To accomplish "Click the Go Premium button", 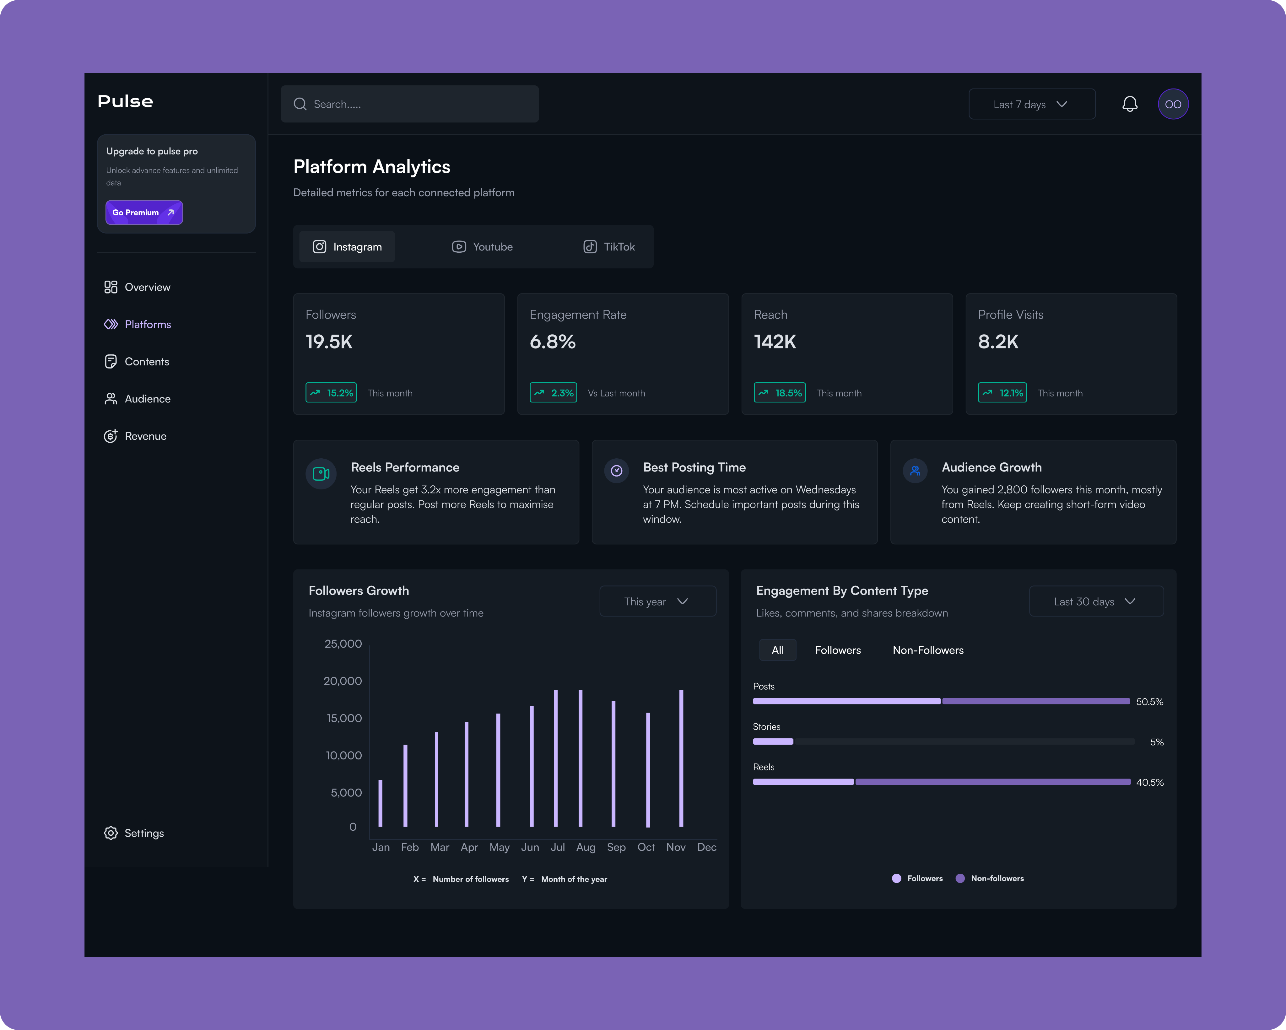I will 144,212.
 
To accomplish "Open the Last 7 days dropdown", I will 1031,104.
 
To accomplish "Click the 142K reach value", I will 775,342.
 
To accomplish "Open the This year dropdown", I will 657,601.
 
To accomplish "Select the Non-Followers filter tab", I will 927,650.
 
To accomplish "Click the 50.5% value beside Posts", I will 1149,702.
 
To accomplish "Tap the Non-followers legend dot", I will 960,878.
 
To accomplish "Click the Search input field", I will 410,104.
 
